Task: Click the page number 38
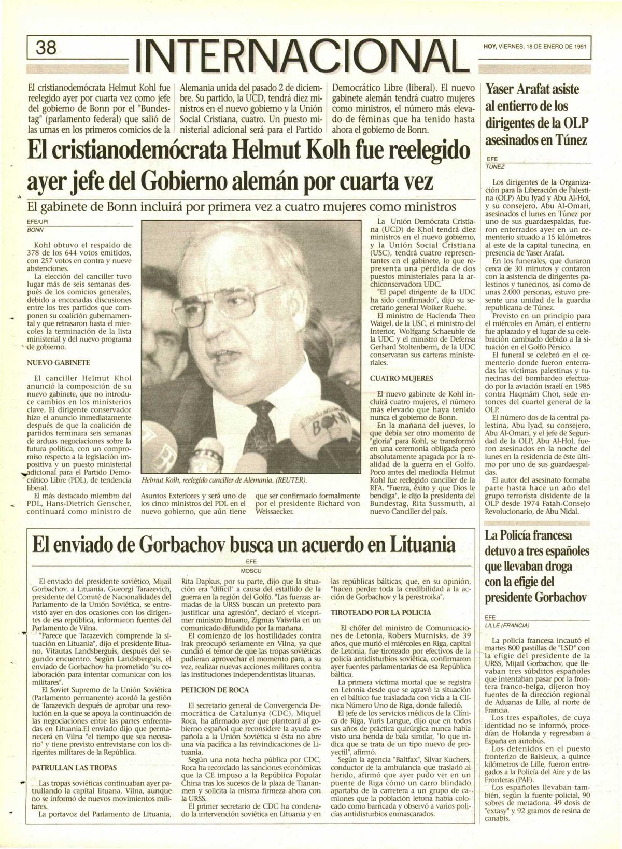[x=46, y=48]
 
